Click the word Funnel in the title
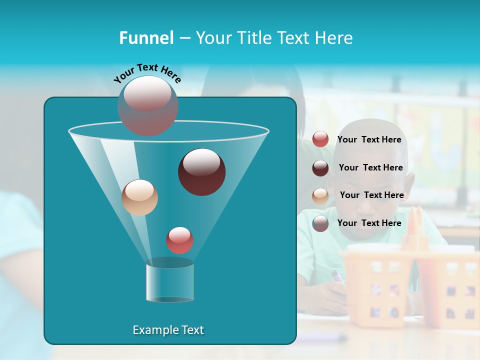146,38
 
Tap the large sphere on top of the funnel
147,105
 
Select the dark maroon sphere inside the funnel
201,171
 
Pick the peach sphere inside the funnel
139,197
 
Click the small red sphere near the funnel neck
179,240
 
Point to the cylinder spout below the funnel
169,282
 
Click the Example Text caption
168,330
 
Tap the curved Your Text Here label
147,73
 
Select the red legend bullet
320,139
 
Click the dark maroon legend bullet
320,168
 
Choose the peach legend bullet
320,196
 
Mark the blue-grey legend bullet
320,223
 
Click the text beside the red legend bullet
369,140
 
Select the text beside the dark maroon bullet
370,168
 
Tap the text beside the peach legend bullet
371,195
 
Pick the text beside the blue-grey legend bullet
369,223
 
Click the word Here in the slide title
333,38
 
